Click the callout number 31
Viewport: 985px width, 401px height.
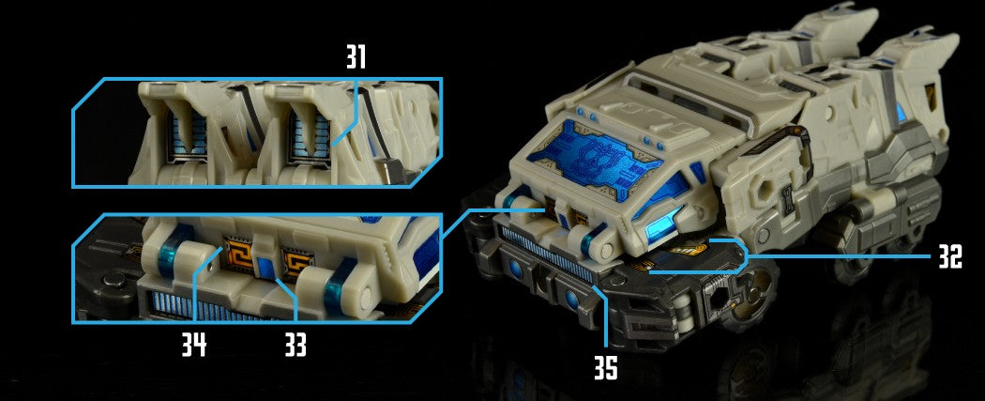point(356,58)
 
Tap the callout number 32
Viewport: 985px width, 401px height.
point(949,256)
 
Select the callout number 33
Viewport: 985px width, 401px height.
point(295,345)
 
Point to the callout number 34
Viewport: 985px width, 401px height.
point(194,345)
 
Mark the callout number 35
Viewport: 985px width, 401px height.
point(606,368)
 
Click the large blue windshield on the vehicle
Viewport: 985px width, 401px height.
point(595,157)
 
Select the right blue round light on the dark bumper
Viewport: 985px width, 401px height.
point(572,300)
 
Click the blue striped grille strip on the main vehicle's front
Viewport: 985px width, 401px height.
point(548,254)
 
